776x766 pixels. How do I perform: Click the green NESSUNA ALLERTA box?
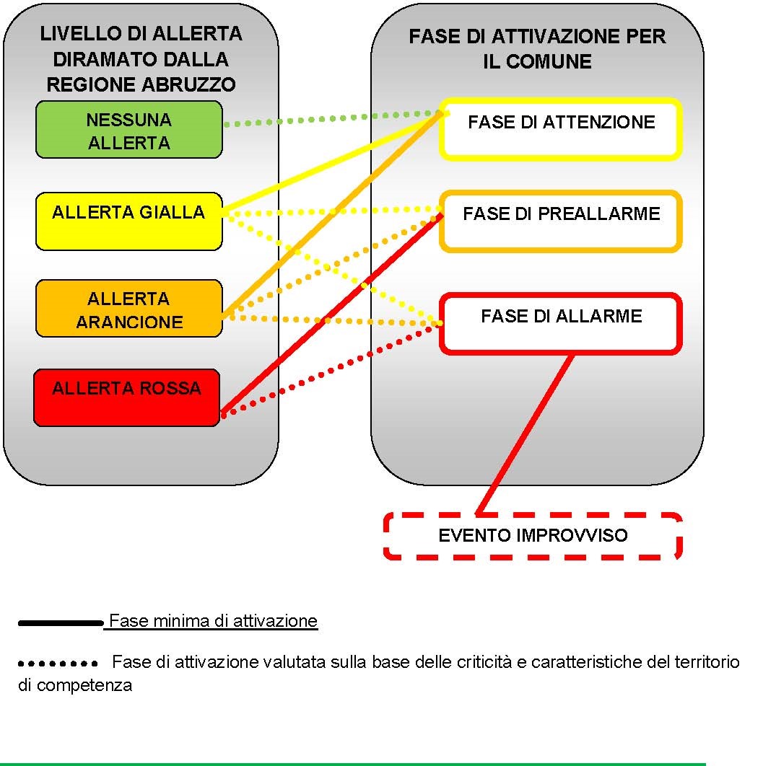tap(129, 130)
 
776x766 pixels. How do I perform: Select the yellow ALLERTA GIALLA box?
tap(129, 221)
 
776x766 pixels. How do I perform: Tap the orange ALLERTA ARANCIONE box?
tap(129, 309)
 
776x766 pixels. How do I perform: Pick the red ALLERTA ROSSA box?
tap(127, 397)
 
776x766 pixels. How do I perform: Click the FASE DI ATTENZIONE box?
tap(561, 130)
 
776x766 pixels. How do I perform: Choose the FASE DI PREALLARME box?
tap(561, 221)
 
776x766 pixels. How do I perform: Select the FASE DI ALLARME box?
tap(561, 324)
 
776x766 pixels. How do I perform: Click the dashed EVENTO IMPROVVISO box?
tap(533, 536)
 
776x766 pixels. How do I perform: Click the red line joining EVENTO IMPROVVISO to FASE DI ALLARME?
tap(526, 433)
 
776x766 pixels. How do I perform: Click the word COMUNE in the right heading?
tap(549, 62)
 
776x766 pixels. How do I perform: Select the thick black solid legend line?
tap(61, 623)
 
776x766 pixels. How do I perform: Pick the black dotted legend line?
tap(58, 663)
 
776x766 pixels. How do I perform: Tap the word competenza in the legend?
tap(84, 686)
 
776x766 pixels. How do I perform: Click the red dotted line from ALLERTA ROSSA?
tap(332, 371)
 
